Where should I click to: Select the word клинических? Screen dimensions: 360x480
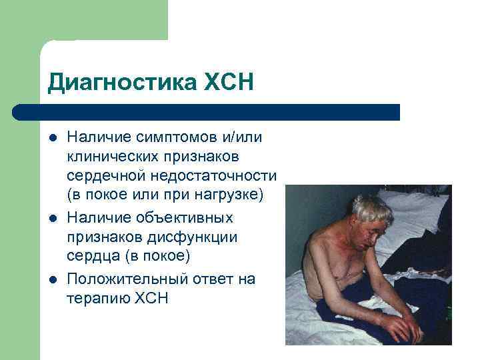111,157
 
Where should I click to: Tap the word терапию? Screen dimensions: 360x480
95,298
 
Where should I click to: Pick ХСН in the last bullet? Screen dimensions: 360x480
150,298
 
